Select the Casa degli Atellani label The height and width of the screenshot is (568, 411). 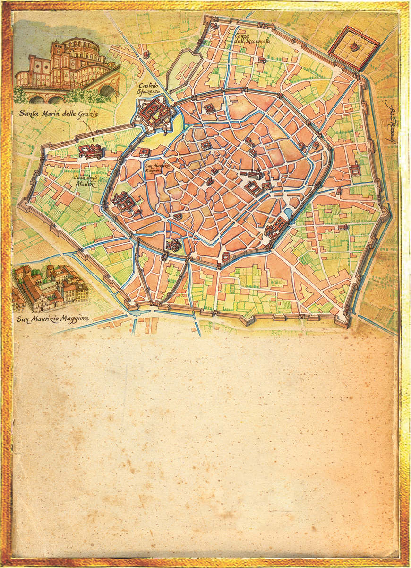coord(85,181)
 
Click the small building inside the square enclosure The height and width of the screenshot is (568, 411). coord(353,46)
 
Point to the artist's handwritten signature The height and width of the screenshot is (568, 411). coord(392,118)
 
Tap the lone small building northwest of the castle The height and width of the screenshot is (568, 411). coord(146,54)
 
